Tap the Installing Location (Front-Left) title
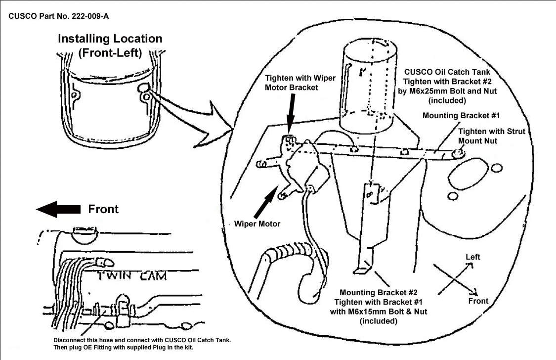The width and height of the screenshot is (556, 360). [110, 45]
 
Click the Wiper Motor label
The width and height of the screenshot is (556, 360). [257, 224]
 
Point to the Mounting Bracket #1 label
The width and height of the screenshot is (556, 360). [461, 115]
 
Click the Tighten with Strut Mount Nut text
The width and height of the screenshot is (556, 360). [491, 136]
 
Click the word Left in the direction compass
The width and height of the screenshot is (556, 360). [472, 257]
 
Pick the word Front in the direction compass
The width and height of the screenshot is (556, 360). [478, 301]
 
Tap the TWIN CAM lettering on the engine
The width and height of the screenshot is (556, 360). [131, 275]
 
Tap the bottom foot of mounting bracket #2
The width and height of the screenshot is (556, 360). [363, 270]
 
